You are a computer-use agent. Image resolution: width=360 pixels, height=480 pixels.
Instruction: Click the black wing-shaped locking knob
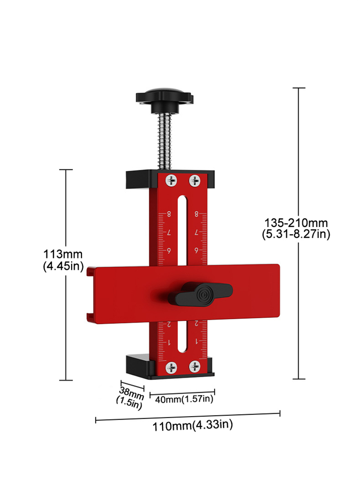(x=204, y=293)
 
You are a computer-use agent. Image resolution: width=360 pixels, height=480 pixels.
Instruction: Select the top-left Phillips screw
(x=171, y=181)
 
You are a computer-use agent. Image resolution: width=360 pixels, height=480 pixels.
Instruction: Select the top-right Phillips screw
(x=194, y=181)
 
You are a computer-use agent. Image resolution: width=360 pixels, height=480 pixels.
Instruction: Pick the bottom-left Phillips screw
(x=171, y=368)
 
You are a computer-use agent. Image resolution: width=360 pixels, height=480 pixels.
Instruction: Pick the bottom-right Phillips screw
(x=194, y=368)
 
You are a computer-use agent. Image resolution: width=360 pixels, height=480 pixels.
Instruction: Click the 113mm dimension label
(x=63, y=254)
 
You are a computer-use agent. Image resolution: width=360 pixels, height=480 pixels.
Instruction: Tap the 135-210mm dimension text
(x=296, y=223)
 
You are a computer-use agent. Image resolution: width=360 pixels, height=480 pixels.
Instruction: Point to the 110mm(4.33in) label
(x=192, y=425)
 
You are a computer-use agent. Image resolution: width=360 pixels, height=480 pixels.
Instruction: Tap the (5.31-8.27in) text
(x=296, y=235)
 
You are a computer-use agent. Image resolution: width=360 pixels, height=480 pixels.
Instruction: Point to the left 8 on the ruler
(x=168, y=214)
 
